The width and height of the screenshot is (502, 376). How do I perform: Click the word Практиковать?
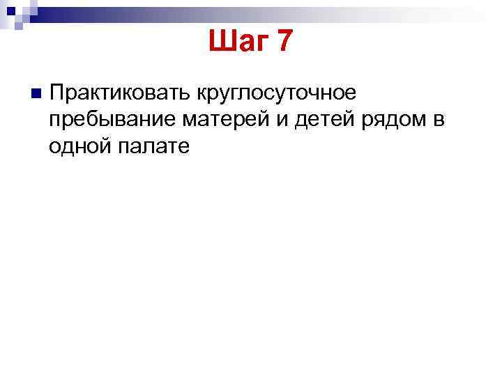tap(121, 93)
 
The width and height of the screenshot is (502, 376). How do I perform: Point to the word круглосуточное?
tap(277, 93)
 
